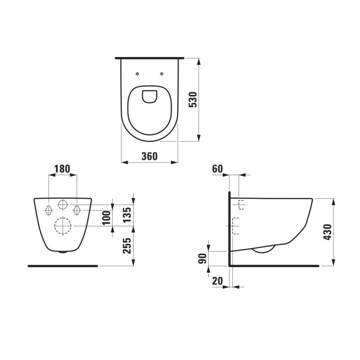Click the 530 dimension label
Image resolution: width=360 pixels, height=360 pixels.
point(193,99)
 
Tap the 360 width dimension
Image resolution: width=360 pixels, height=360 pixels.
point(149,156)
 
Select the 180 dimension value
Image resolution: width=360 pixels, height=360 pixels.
point(62,169)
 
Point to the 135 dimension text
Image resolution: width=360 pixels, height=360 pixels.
point(127,215)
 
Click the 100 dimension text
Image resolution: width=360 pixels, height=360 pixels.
point(106,218)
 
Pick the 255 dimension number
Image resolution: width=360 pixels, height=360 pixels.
point(127,246)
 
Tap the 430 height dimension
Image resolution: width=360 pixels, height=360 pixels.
point(328,232)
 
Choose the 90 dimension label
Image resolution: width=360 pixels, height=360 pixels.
point(202,258)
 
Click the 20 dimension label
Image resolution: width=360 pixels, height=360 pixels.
point(217,280)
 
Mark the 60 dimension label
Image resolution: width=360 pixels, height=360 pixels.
point(217,169)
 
